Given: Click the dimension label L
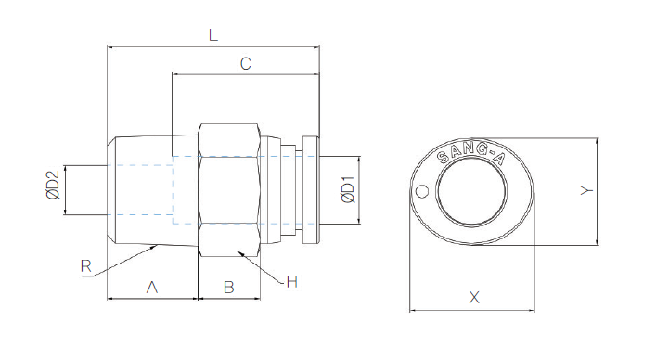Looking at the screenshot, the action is click(x=212, y=35).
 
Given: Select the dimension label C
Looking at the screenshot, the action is click(x=245, y=63).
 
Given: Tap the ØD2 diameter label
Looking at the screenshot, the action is click(x=53, y=186).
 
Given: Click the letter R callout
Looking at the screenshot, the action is click(x=85, y=266).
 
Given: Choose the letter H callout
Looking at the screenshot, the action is click(x=292, y=281).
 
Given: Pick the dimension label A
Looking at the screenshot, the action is click(x=152, y=287).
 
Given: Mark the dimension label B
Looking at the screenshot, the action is click(x=228, y=287).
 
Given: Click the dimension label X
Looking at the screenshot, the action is click(x=474, y=297).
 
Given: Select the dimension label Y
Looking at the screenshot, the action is click(x=586, y=190).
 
